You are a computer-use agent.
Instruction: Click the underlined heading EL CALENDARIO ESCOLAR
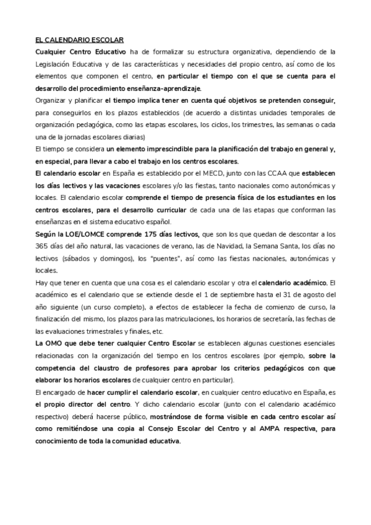tap(80, 39)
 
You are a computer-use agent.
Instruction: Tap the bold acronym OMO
tap(56, 343)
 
